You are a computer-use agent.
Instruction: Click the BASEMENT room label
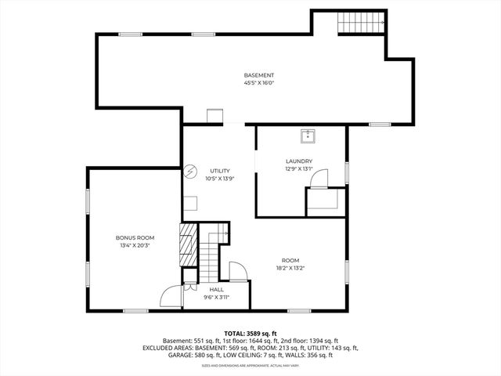point(258,75)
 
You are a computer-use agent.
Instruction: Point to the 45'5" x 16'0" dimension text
point(258,82)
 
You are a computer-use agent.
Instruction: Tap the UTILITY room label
point(219,171)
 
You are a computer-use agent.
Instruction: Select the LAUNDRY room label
point(299,161)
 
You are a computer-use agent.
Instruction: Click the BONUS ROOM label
point(135,237)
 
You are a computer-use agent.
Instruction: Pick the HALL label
point(216,289)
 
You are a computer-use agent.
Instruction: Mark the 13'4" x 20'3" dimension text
point(135,244)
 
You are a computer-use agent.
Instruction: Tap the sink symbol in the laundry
point(308,136)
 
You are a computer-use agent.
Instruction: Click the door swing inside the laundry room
point(319,180)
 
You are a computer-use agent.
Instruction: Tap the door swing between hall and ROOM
point(238,271)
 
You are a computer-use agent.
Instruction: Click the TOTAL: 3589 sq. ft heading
point(250,332)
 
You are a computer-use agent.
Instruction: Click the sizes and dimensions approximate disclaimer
point(250,365)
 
